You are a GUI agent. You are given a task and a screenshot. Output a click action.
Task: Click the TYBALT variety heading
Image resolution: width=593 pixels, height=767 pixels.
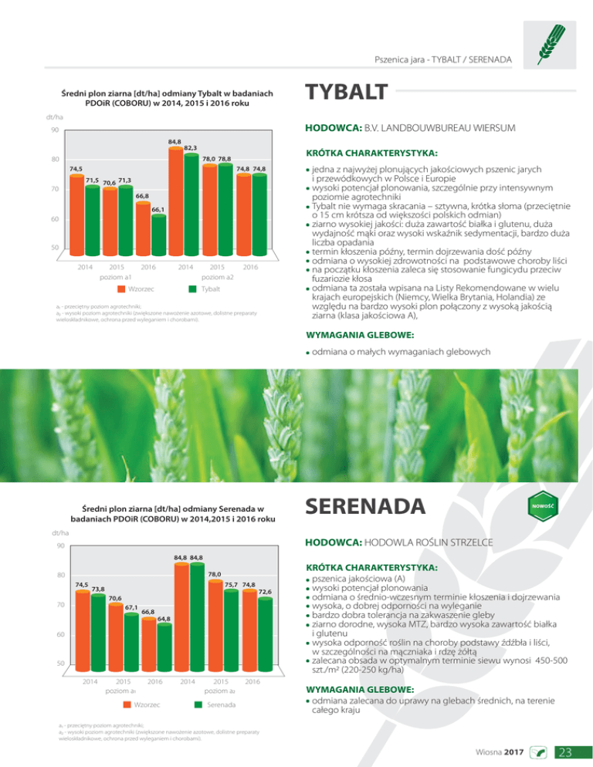pos(347,93)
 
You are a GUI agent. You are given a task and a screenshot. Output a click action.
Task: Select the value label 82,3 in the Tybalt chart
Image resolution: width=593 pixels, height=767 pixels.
pos(191,147)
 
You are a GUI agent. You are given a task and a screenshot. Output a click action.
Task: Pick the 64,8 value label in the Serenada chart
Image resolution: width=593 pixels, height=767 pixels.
pos(164,618)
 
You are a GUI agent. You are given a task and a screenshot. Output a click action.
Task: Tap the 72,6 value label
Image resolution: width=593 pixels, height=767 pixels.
pos(264,591)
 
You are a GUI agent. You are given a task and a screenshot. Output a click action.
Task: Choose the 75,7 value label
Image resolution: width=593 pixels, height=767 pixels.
pos(231,584)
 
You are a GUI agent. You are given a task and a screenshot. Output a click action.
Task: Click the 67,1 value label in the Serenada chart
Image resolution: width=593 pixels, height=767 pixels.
pos(131,607)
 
